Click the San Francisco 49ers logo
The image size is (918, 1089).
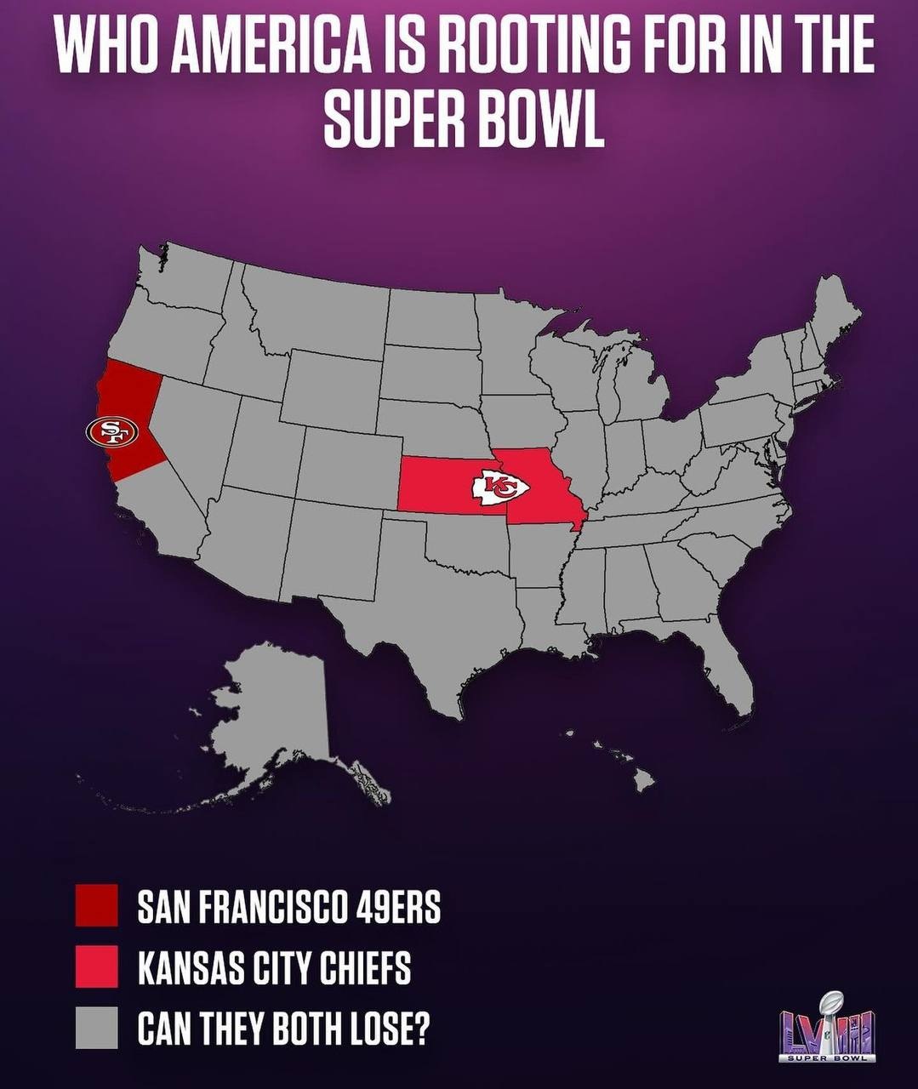tap(111, 431)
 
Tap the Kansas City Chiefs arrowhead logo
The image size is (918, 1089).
tap(500, 488)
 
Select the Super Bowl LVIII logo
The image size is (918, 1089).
tap(827, 1027)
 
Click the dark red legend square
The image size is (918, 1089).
tap(96, 905)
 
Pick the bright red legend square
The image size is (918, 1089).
tap(96, 966)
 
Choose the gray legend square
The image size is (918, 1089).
tap(96, 1028)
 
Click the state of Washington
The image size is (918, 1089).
tap(183, 281)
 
